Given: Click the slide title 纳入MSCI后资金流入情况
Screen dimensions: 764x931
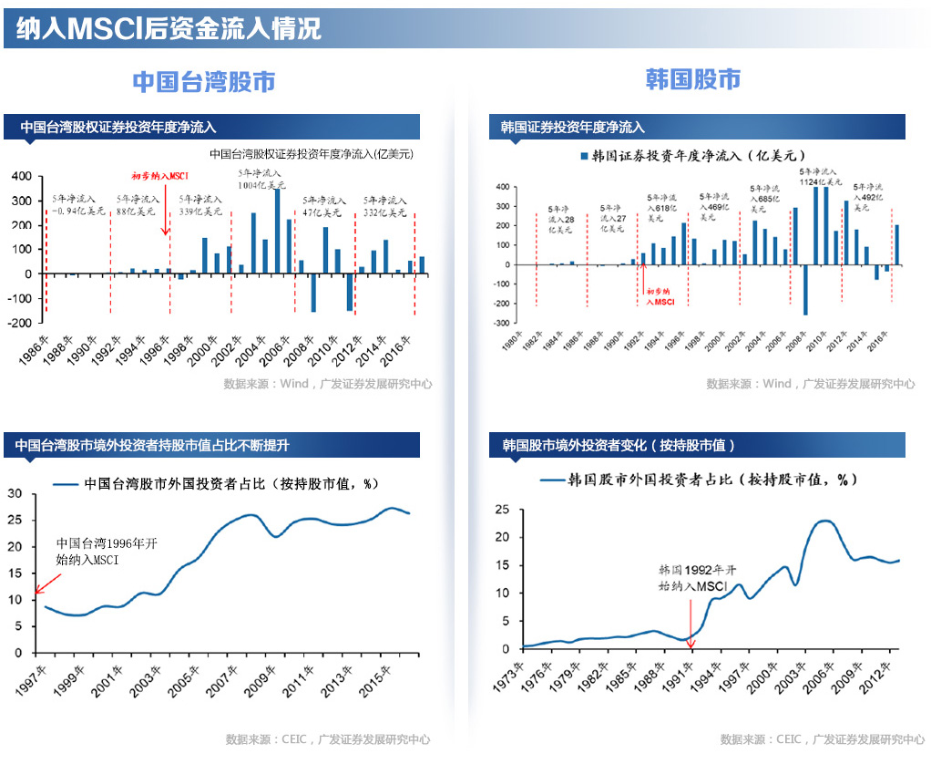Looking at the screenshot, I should click(169, 28).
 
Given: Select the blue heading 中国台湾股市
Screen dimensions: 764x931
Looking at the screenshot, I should click(203, 81).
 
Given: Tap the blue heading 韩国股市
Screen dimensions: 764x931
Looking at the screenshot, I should click(692, 79).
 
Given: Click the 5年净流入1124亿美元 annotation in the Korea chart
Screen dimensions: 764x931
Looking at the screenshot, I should click(817, 176).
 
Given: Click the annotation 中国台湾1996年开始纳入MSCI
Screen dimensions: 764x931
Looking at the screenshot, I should click(107, 552).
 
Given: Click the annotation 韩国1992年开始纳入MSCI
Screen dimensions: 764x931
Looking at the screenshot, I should click(690, 578).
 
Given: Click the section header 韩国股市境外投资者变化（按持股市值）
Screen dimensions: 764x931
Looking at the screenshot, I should click(619, 446).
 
